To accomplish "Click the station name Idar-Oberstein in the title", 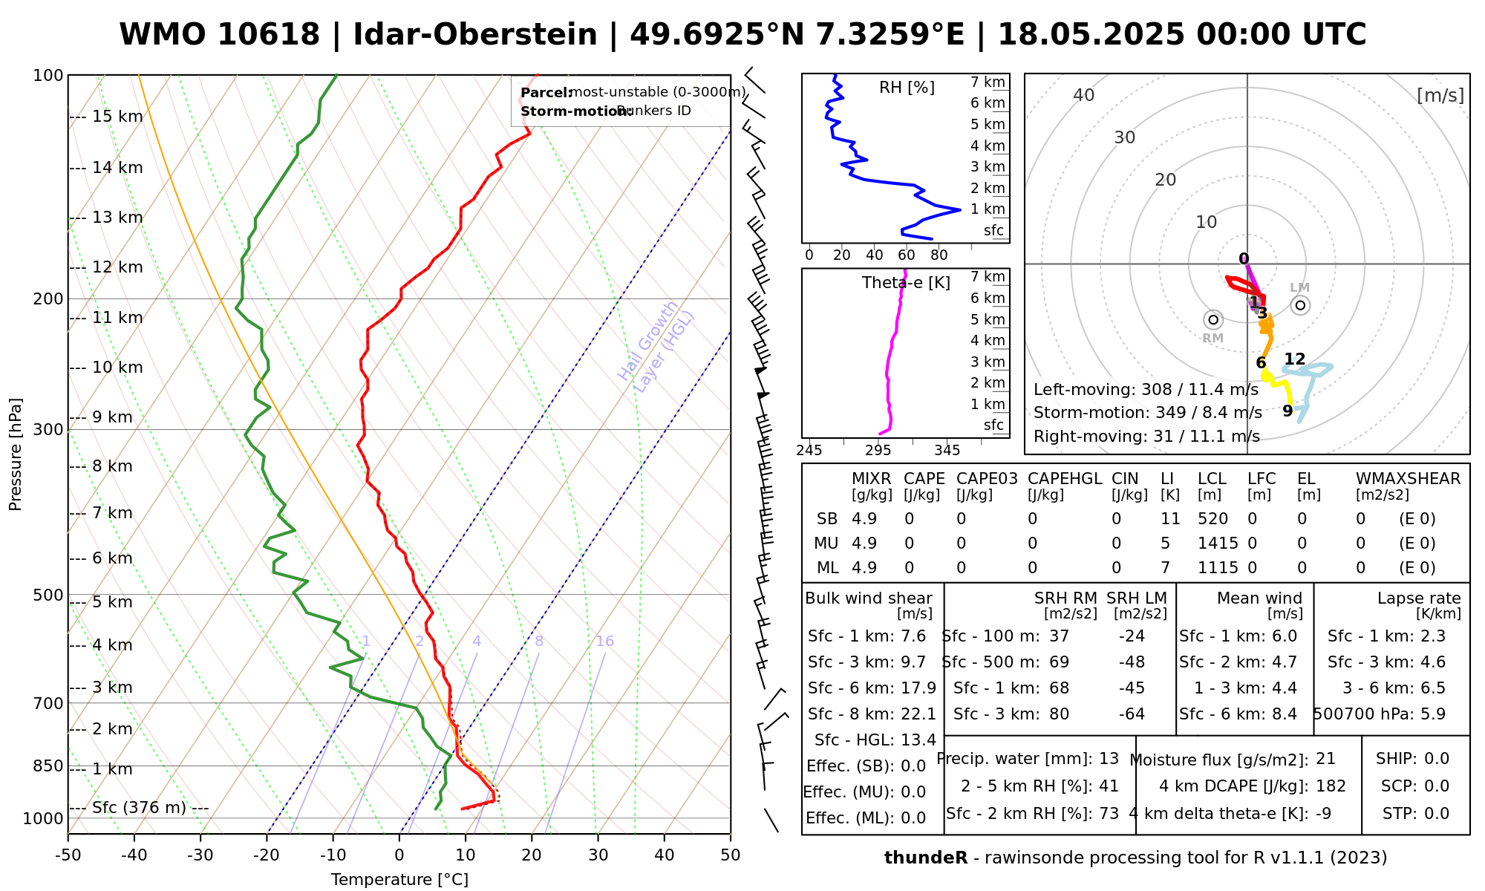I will tap(475, 35).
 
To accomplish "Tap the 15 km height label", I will tap(117, 117).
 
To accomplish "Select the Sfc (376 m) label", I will tap(139, 808).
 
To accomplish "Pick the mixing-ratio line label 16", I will tap(604, 642).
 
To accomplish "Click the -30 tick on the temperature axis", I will tap(200, 855).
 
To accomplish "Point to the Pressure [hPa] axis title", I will tap(16, 454).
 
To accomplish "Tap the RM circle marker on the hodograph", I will tap(1213, 320).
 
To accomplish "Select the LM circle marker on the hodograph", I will tap(1300, 305).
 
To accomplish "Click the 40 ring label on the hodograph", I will tap(1084, 95).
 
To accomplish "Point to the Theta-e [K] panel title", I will tap(906, 283).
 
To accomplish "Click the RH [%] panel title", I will tap(907, 88).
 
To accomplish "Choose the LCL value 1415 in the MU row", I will tap(1218, 544).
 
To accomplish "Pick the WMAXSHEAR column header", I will tap(1408, 479).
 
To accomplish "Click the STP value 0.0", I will tap(1437, 814).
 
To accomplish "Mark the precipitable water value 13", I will tap(1109, 759).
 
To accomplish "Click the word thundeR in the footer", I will tap(926, 858).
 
